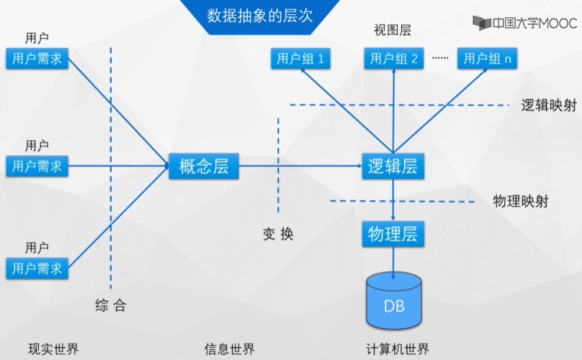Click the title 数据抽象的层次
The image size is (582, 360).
[x=259, y=16]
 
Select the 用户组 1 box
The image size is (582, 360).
[x=300, y=59]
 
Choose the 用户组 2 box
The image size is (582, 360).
[x=394, y=59]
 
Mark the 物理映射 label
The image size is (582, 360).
[x=521, y=201]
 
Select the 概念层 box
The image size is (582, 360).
[x=203, y=167]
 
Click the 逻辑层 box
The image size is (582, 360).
[x=392, y=167]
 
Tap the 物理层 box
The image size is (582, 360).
[x=392, y=234]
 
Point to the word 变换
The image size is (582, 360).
[x=278, y=234]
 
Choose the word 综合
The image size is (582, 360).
[x=110, y=305]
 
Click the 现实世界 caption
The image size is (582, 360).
[x=53, y=349]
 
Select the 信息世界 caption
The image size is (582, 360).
[x=229, y=349]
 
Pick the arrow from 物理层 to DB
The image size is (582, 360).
[x=393, y=261]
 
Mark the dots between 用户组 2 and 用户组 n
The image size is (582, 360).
[x=440, y=58]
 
